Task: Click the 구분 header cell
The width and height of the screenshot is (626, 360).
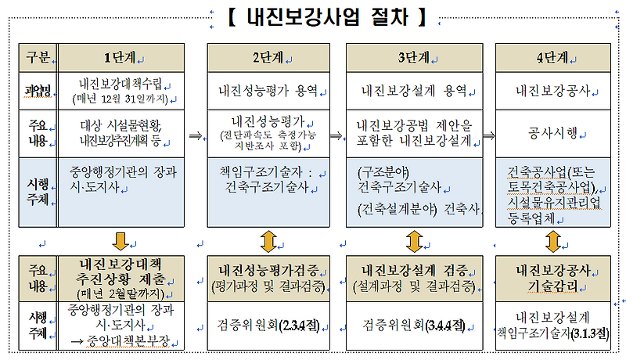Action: pyautogui.click(x=38, y=56)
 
